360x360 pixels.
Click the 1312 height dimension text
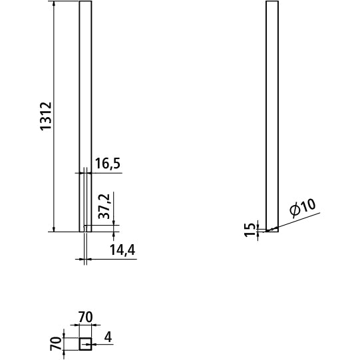coord(46,116)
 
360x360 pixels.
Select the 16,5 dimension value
coord(107,164)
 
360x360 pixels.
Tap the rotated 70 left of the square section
coord(55,344)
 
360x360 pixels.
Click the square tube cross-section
coord(85,344)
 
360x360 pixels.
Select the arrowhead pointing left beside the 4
coord(94,344)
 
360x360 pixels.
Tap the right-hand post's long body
coord(272,113)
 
